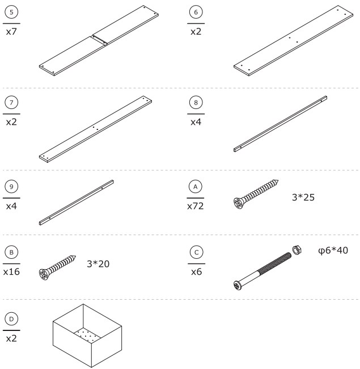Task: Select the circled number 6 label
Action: coord(196,12)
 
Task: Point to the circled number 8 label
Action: coord(196,103)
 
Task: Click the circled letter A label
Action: coord(196,187)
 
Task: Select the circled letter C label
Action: coord(196,251)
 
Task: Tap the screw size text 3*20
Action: coord(100,263)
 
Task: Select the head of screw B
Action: coord(45,274)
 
